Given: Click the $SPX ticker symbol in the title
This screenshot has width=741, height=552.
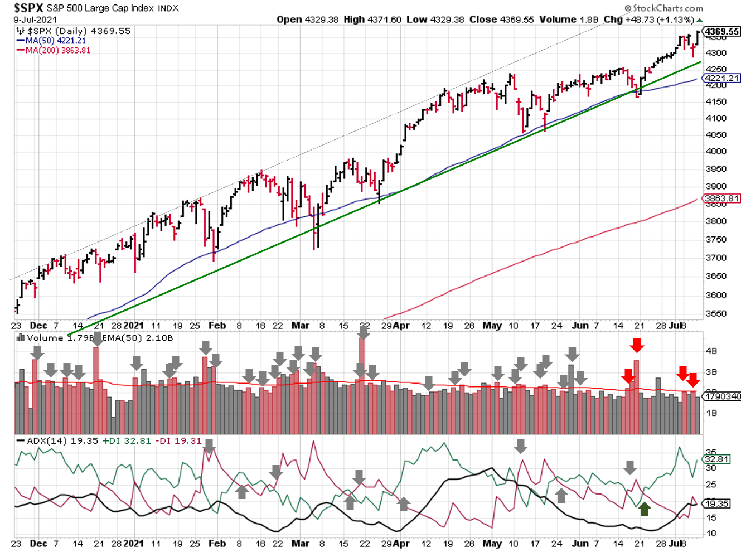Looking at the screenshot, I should [x=29, y=8].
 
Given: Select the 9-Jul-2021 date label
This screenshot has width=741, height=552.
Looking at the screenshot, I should [x=35, y=20].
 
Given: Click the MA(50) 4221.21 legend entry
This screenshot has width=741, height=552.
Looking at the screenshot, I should [x=55, y=41].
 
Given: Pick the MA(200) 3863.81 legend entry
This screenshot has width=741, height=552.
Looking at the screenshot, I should [x=57, y=50].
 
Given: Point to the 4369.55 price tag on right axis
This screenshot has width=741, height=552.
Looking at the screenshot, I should [x=722, y=32].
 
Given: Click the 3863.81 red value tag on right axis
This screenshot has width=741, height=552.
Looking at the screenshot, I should [x=721, y=198].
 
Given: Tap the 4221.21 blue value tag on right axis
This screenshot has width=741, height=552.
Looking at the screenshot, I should [x=722, y=78].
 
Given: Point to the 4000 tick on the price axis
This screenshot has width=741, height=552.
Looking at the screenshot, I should [x=715, y=151].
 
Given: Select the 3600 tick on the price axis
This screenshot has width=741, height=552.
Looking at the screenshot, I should [x=715, y=295].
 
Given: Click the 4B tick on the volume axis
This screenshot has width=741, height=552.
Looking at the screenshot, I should [x=711, y=351].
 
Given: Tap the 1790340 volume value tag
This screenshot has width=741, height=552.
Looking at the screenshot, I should [x=722, y=396].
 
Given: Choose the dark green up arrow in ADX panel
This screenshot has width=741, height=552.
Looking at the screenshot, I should [x=644, y=509].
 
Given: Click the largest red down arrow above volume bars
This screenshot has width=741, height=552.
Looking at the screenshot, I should [x=637, y=345].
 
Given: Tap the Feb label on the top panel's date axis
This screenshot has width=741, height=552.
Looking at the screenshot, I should [x=217, y=326].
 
